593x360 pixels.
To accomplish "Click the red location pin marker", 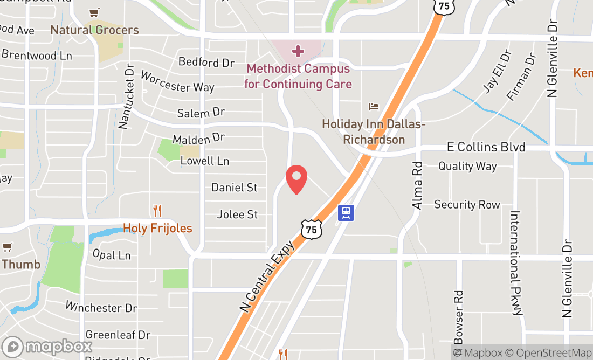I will point(296,180).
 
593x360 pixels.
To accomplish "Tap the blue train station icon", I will point(346,212).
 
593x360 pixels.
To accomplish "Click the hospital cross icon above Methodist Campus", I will point(298,51).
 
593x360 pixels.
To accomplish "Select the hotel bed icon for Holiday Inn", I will point(374,107).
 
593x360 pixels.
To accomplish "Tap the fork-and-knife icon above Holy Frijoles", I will point(157,210).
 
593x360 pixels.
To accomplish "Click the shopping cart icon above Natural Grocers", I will point(95,12).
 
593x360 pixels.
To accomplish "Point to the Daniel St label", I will point(235,188).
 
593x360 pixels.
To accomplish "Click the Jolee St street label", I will point(237,214).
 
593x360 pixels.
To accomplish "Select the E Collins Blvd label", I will point(486,147).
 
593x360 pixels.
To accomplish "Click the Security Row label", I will point(467,205).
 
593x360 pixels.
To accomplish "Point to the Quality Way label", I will point(467,166).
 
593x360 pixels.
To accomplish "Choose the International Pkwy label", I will point(516,262).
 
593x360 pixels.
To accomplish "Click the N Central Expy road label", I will point(267,276).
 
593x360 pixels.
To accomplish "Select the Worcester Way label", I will point(177,81).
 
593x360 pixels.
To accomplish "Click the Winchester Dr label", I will point(101,307).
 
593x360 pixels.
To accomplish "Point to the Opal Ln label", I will point(112,254).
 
